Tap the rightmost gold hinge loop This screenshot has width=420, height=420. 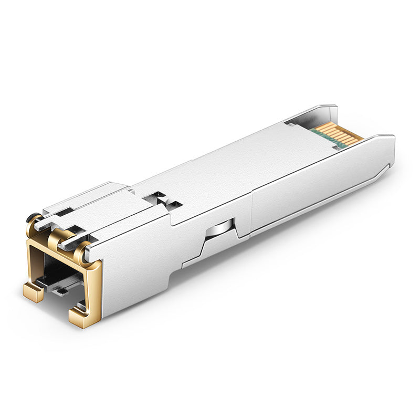(x=81, y=255)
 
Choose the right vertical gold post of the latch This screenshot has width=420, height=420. (x=93, y=294)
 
